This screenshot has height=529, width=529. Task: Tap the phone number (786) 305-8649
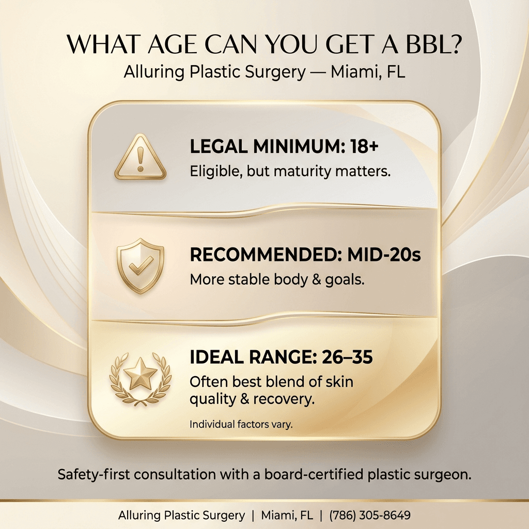[370, 515]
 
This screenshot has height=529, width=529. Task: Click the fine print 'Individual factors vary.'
[241, 425]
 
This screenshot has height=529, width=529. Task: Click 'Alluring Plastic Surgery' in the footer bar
[181, 515]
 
